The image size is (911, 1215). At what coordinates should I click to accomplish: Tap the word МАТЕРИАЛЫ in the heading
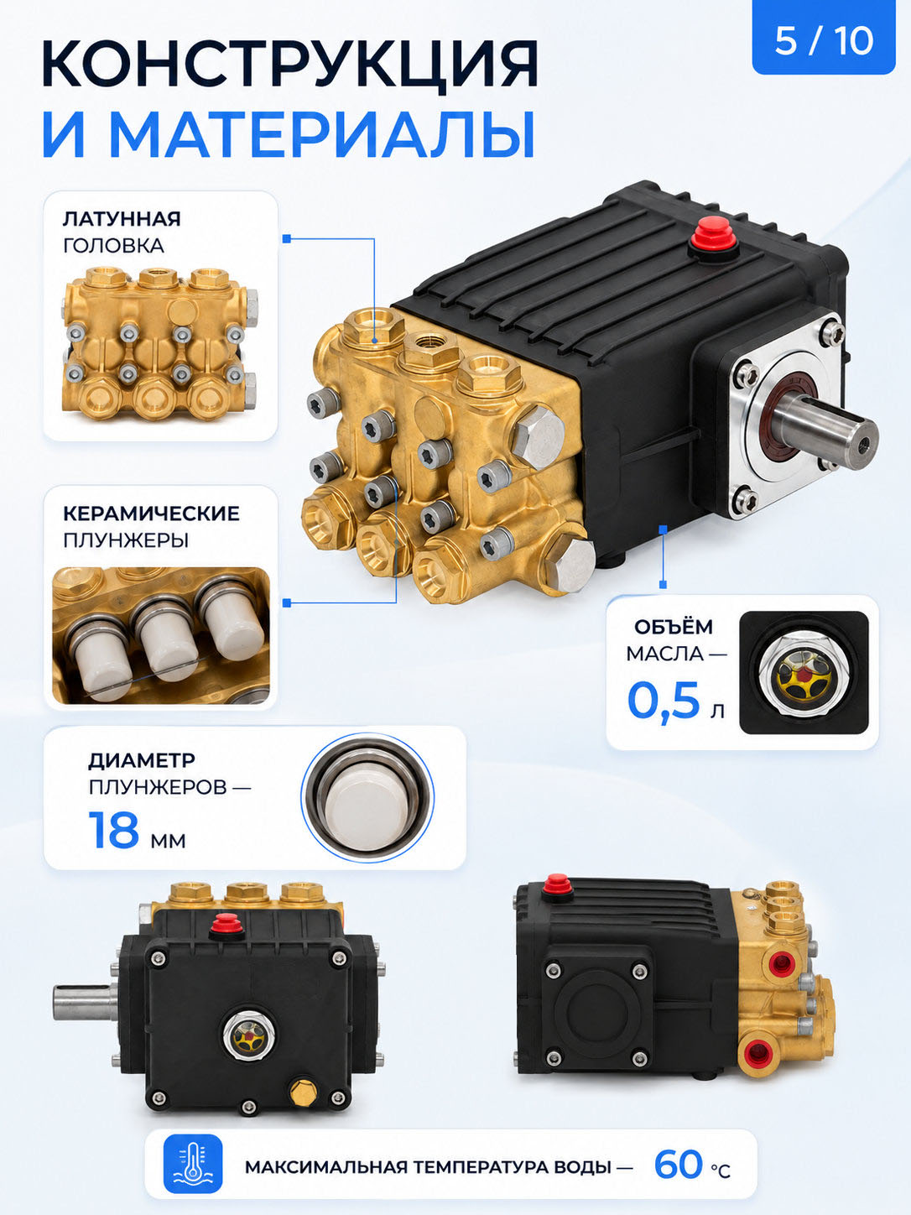click(322, 135)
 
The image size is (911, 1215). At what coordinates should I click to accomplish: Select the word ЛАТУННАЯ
click(122, 219)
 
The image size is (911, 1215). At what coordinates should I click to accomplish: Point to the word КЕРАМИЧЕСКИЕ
click(151, 514)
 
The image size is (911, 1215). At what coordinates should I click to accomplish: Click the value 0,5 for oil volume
click(664, 700)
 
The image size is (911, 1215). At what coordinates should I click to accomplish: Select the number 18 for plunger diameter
click(114, 830)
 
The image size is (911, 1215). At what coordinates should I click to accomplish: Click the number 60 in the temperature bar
click(679, 1165)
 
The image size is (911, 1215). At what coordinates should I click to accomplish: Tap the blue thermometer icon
click(193, 1164)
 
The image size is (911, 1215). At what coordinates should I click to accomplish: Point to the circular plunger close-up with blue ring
click(367, 798)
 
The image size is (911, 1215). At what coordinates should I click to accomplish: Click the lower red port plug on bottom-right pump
click(757, 1052)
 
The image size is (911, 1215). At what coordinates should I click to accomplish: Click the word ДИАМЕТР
click(142, 760)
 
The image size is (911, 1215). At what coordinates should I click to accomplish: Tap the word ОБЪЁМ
click(673, 627)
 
